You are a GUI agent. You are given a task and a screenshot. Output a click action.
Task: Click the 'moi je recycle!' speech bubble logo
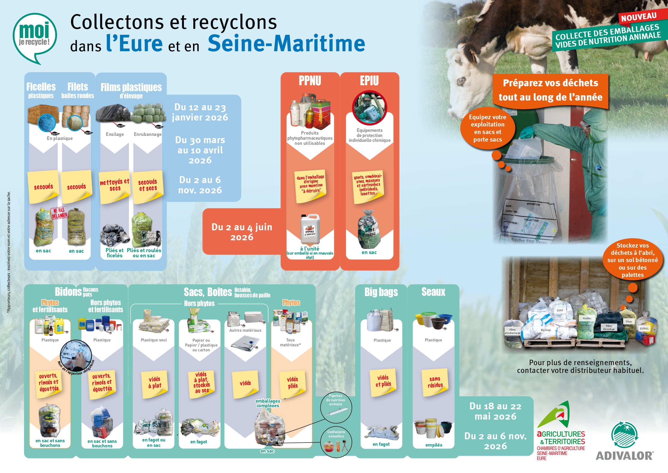(x=35, y=36)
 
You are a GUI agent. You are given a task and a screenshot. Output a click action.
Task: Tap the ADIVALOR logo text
(x=624, y=456)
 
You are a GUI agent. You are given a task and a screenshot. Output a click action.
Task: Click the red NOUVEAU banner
(x=639, y=17)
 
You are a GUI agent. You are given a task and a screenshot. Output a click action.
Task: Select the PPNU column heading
(x=310, y=81)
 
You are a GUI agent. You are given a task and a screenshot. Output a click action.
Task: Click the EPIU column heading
(x=369, y=81)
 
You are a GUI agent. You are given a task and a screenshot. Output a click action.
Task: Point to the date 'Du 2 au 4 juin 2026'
(x=242, y=232)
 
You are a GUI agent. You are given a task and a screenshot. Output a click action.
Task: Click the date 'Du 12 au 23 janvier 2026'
(x=200, y=112)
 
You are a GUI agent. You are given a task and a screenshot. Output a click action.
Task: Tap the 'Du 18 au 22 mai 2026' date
(x=495, y=411)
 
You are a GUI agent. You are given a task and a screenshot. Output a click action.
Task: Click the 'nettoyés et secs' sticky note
(x=115, y=185)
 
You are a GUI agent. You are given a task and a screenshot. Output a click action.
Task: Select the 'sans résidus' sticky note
(x=435, y=382)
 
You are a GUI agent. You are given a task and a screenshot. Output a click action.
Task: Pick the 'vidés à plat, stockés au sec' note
(x=201, y=382)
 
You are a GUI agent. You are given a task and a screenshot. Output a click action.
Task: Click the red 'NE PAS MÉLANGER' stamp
(x=59, y=213)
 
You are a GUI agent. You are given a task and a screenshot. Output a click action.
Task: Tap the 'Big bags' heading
(x=381, y=292)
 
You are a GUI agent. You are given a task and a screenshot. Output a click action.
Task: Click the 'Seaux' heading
(x=433, y=292)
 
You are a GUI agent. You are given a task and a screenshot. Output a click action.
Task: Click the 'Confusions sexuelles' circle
(x=336, y=441)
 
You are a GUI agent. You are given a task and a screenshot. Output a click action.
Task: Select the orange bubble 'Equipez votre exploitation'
(x=488, y=128)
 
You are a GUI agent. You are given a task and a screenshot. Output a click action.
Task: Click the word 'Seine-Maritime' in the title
(x=286, y=43)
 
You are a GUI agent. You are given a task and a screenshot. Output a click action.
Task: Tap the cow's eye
(x=461, y=80)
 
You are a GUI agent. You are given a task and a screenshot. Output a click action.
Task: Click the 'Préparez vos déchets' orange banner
(x=550, y=90)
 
